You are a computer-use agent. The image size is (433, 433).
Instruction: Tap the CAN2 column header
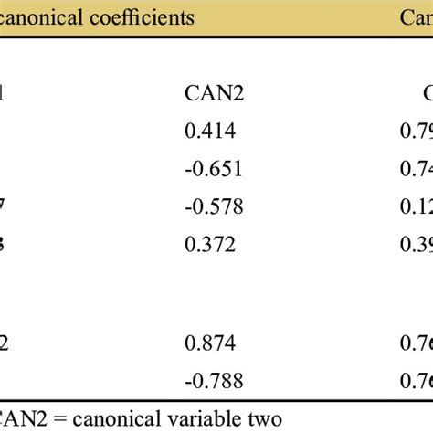click(214, 91)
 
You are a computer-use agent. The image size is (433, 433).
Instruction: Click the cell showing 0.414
click(209, 131)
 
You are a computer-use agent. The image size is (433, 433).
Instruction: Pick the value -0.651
click(209, 169)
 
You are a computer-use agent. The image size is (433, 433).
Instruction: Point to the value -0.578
click(209, 207)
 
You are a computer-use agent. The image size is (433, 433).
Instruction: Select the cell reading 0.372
click(209, 245)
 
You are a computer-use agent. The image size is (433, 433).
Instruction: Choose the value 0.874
click(209, 343)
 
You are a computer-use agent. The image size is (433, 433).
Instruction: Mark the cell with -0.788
click(209, 380)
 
